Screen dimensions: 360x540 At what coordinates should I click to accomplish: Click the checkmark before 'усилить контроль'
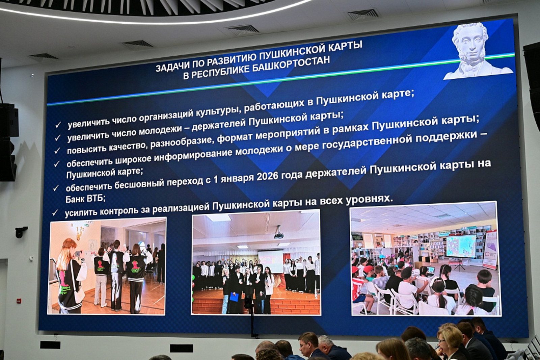tap(55, 213)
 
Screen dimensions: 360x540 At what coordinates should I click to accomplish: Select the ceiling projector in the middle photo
tap(278, 233)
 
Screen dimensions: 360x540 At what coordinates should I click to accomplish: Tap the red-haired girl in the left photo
tap(69, 274)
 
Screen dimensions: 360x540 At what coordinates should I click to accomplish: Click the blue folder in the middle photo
tap(234, 297)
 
